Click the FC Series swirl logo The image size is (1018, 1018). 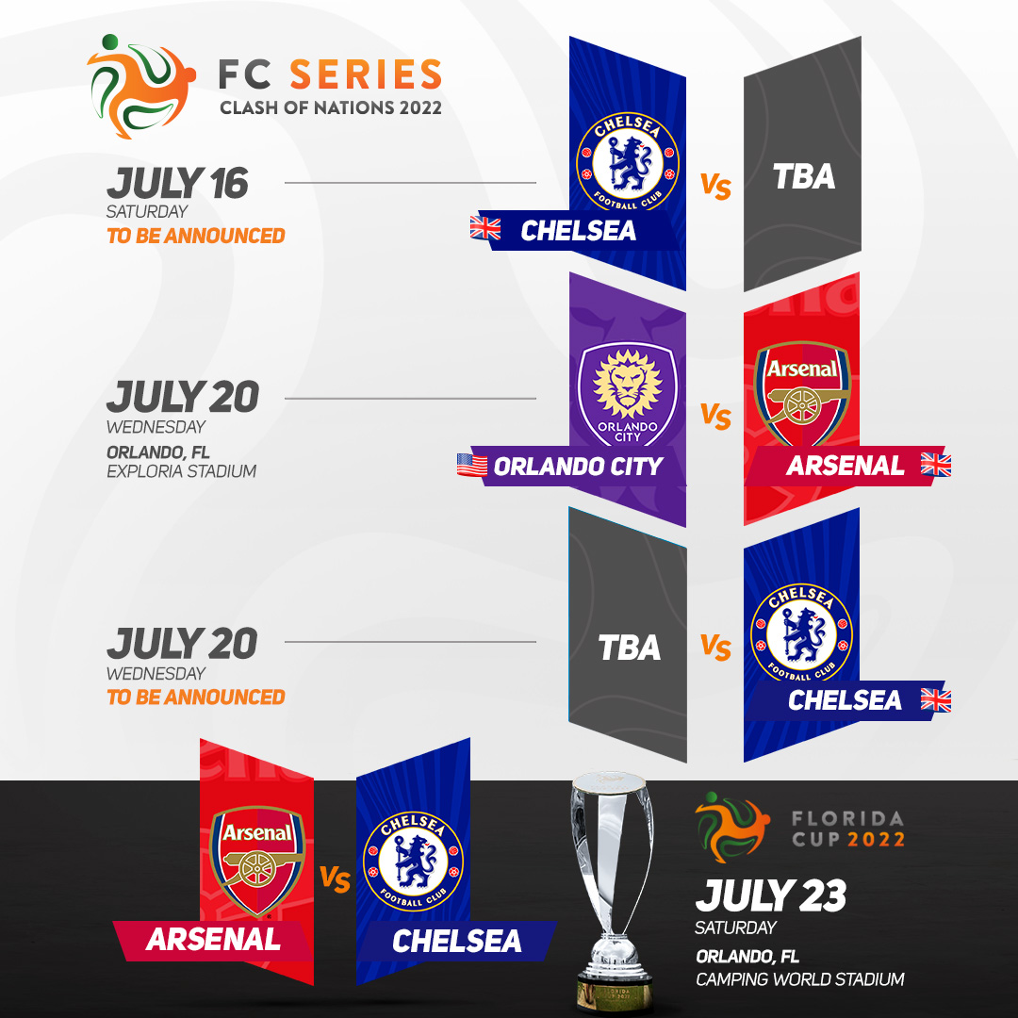pyautogui.click(x=140, y=87)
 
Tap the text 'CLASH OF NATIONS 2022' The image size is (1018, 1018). pyautogui.click(x=331, y=107)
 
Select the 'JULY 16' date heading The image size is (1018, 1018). pyautogui.click(x=177, y=183)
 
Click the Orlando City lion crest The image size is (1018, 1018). pyautogui.click(x=627, y=394)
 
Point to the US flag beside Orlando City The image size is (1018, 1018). pyautogui.click(x=472, y=465)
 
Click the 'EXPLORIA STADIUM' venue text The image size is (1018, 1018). pyautogui.click(x=181, y=471)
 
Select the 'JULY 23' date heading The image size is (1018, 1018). pyautogui.click(x=771, y=896)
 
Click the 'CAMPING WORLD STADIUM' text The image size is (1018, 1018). pyautogui.click(x=800, y=979)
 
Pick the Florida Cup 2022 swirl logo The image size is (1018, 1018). pyautogui.click(x=731, y=827)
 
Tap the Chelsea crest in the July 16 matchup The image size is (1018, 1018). pyautogui.click(x=627, y=162)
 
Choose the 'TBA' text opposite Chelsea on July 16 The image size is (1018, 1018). pyautogui.click(x=804, y=176)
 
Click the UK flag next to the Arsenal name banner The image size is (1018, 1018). pyautogui.click(x=936, y=465)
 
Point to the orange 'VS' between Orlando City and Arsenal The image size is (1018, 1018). pyautogui.click(x=715, y=417)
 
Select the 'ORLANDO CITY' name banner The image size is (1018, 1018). pyautogui.click(x=577, y=467)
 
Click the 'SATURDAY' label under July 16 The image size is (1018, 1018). pyautogui.click(x=147, y=212)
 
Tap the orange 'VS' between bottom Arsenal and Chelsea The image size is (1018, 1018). pyautogui.click(x=335, y=879)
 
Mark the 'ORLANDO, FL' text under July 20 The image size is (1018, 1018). pyautogui.click(x=157, y=452)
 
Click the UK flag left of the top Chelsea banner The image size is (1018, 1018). pyautogui.click(x=485, y=228)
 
